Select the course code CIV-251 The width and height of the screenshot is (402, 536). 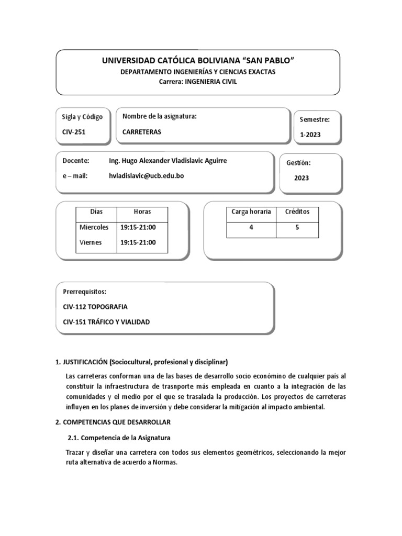click(x=73, y=132)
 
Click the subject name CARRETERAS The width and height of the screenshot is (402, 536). click(x=142, y=132)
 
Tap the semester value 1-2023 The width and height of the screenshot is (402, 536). click(x=310, y=135)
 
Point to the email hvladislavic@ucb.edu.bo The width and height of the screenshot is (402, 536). click(x=146, y=176)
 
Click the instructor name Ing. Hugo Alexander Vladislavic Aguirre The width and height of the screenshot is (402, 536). click(x=167, y=161)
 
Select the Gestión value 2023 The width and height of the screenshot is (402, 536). click(x=301, y=178)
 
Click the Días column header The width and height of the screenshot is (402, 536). click(x=96, y=212)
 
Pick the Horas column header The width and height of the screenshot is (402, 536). click(x=142, y=212)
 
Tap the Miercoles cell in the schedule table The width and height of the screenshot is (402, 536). click(x=94, y=228)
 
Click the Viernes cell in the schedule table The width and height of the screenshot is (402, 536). click(x=91, y=243)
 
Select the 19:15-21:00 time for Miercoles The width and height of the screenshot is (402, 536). click(x=138, y=228)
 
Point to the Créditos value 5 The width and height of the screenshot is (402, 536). click(x=297, y=228)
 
